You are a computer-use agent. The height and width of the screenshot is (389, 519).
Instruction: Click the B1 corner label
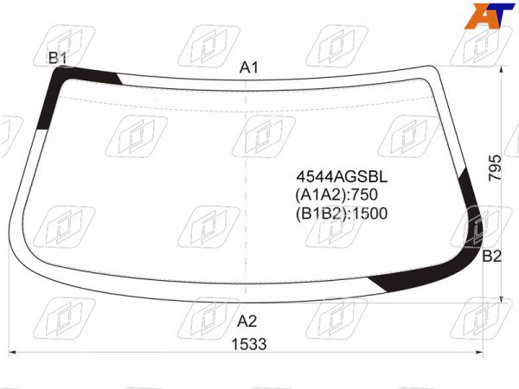(58, 58)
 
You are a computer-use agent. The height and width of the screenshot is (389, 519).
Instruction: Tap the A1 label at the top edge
(248, 67)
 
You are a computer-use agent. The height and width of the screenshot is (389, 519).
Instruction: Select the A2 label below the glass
(247, 322)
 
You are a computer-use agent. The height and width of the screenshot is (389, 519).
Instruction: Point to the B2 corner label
(492, 257)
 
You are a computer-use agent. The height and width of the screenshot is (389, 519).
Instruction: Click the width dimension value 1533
(249, 344)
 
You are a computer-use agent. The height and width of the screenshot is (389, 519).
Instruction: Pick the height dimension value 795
(495, 168)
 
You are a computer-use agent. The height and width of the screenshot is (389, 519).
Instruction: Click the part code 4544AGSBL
(342, 177)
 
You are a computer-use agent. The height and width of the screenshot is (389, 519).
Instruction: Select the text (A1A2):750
(336, 194)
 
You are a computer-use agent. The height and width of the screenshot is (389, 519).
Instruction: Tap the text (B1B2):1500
(342, 214)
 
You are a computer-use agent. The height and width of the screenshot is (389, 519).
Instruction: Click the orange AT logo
(489, 16)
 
